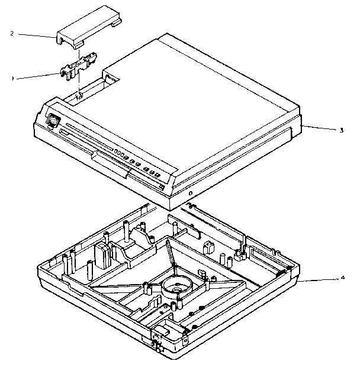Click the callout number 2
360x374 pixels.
[x=12, y=33]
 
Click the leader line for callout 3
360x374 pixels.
[x=320, y=128]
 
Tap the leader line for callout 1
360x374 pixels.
[x=37, y=75]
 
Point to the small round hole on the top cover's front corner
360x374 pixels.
[x=190, y=193]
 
